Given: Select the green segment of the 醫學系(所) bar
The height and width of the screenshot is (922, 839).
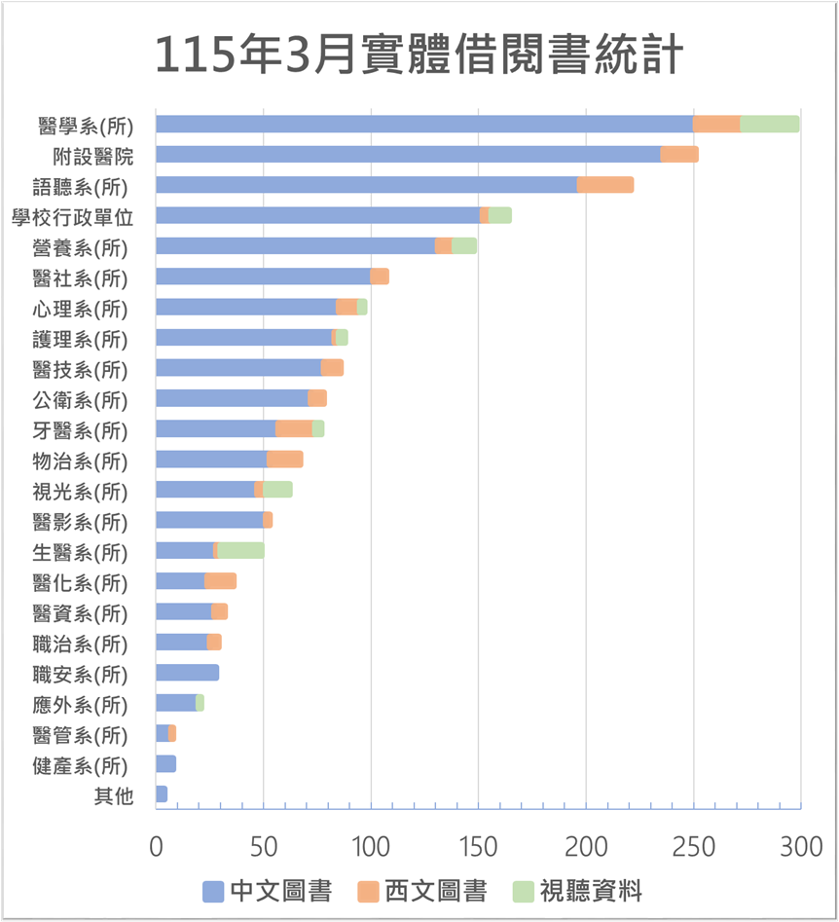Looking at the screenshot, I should click(x=769, y=124).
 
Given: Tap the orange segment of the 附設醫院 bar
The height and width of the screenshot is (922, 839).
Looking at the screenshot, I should click(x=679, y=154).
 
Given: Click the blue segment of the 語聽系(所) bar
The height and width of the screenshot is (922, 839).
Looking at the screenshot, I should click(x=366, y=185).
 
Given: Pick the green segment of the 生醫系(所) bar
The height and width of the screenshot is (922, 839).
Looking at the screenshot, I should click(x=240, y=551).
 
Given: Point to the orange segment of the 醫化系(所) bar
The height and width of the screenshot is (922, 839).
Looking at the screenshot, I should click(x=220, y=581).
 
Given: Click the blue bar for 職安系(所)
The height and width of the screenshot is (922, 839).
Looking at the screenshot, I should click(x=187, y=673).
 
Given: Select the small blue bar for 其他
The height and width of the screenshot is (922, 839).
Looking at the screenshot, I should click(x=162, y=794).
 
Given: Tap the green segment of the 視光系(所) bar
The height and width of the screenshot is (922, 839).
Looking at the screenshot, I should click(x=277, y=490).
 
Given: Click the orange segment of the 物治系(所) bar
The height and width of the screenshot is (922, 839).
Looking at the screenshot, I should click(x=284, y=460).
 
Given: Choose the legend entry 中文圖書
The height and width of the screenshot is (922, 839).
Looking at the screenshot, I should click(x=267, y=890).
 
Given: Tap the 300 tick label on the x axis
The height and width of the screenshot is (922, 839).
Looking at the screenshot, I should click(x=800, y=846).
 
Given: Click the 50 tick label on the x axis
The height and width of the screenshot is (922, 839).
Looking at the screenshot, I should click(x=263, y=846).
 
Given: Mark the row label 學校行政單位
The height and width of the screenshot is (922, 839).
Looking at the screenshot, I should click(x=72, y=217).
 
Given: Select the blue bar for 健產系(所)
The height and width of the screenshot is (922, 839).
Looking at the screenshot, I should click(x=165, y=764).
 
